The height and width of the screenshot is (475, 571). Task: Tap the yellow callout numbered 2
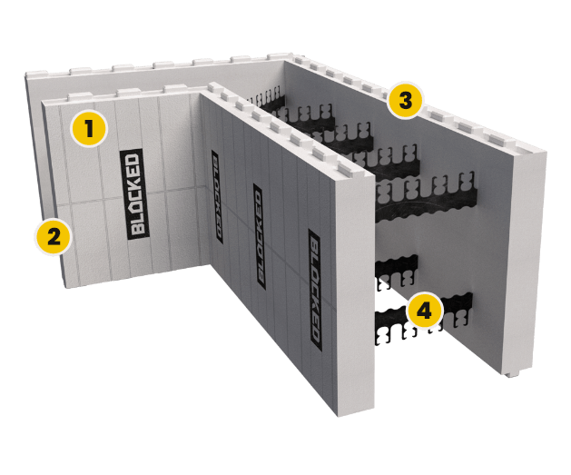(x=54, y=238)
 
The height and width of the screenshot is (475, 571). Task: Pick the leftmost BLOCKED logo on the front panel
(x=217, y=196)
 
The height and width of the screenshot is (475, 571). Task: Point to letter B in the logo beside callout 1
(x=135, y=227)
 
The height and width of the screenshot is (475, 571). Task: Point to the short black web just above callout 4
(x=397, y=267)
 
